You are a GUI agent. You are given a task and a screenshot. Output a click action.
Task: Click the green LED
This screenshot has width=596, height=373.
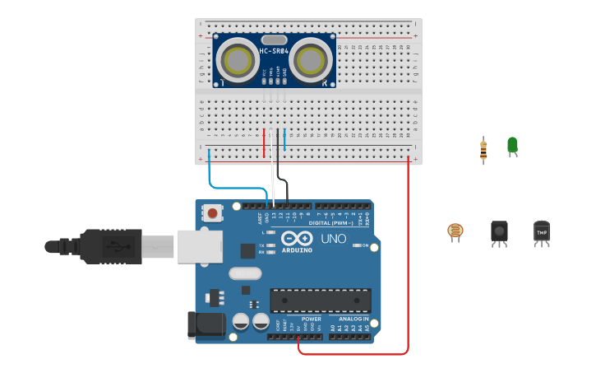[x=512, y=146]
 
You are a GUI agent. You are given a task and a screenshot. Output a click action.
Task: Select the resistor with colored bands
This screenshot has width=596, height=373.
[x=483, y=150]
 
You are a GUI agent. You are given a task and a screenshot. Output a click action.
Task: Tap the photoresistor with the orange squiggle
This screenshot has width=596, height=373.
[x=455, y=231]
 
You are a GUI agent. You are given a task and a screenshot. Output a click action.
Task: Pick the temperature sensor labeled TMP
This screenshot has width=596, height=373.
[x=541, y=232]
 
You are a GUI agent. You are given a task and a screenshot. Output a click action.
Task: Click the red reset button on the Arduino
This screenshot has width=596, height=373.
[x=213, y=213]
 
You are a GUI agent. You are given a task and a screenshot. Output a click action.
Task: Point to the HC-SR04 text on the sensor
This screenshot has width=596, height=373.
[x=274, y=51]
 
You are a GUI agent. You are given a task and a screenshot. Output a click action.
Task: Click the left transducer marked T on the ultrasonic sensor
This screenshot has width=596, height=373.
[x=238, y=60]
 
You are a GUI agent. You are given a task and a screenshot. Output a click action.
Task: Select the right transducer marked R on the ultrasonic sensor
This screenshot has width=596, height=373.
[x=310, y=60]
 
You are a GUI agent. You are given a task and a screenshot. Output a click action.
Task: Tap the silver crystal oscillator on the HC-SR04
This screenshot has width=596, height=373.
[x=274, y=40]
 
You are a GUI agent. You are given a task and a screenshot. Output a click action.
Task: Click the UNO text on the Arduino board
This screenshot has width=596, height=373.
[x=333, y=239]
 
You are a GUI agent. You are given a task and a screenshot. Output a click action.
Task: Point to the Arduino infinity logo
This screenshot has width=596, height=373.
[x=296, y=239]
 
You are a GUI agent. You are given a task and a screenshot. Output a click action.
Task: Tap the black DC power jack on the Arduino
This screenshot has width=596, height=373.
[x=206, y=324]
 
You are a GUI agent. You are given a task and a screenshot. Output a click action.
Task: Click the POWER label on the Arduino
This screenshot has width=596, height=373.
[x=312, y=319]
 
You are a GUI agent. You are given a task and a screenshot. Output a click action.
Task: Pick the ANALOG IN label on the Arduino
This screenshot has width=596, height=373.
[x=353, y=319]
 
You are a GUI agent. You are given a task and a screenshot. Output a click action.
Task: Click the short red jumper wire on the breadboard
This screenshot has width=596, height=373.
[x=264, y=142]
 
